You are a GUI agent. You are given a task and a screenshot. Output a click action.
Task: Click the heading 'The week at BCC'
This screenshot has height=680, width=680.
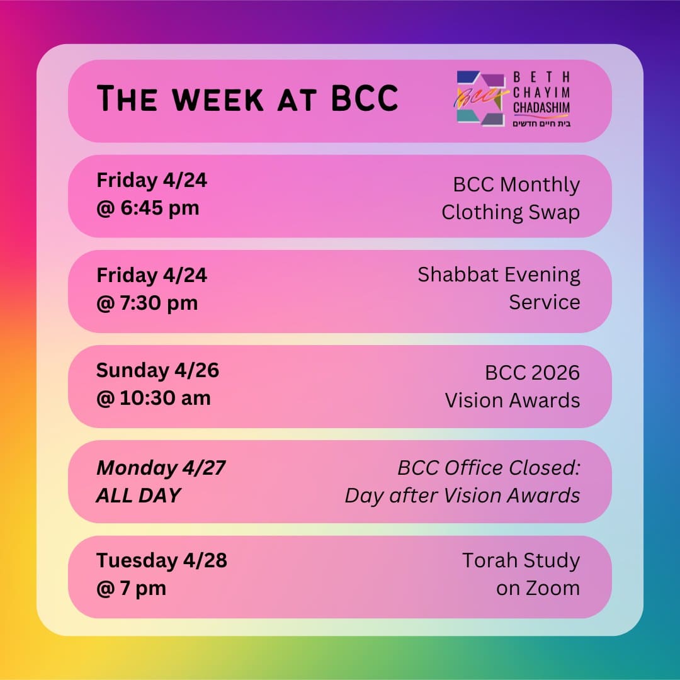(247, 99)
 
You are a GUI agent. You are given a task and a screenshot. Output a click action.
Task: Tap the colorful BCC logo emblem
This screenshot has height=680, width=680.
(480, 99)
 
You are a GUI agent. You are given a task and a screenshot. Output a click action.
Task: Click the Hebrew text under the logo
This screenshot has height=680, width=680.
(541, 123)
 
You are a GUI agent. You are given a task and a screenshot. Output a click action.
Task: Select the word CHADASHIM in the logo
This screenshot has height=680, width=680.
(541, 108)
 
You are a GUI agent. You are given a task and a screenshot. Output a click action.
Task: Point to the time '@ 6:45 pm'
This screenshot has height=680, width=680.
(147, 208)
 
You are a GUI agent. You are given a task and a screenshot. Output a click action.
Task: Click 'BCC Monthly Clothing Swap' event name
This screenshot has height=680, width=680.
(511, 198)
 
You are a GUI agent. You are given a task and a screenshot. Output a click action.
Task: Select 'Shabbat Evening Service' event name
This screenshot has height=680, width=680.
(499, 288)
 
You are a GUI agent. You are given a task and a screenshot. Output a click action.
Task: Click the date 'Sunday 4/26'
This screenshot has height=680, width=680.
(157, 370)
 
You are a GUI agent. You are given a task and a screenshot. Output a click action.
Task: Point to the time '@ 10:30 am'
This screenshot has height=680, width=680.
(153, 398)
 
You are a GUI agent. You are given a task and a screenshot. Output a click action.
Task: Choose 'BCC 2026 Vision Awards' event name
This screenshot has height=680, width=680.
(513, 386)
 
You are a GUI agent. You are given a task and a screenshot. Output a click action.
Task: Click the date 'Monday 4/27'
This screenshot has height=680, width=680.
(161, 468)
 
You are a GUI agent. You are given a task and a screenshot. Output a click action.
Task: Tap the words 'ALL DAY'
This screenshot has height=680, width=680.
(138, 496)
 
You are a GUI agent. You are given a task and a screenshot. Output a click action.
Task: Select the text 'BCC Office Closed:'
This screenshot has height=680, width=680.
(489, 468)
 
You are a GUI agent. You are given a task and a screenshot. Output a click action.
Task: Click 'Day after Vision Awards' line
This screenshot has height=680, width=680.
(462, 496)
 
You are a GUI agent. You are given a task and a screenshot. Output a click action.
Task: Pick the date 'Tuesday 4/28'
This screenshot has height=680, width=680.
(161, 560)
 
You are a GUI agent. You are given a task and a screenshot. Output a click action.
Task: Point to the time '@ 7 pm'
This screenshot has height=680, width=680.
(131, 588)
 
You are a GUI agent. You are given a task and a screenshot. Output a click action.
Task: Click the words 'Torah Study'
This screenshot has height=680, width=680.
(521, 560)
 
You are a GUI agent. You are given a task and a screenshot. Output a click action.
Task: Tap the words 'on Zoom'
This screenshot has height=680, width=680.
(538, 588)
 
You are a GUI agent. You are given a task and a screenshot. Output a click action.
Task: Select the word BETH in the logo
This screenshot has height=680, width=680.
(541, 77)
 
